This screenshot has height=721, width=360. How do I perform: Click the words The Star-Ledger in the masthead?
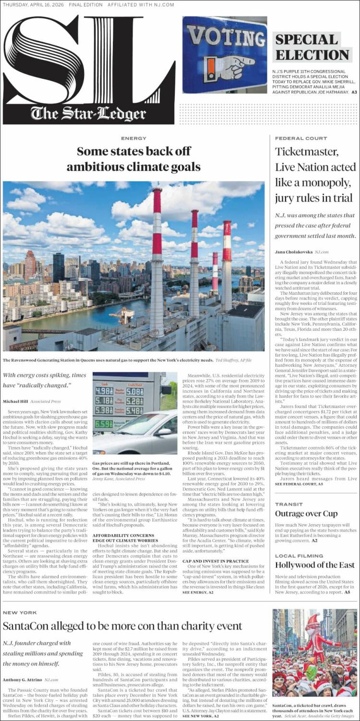[88, 114]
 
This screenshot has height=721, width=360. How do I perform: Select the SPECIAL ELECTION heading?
[312, 47]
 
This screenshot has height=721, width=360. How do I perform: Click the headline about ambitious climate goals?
[133, 159]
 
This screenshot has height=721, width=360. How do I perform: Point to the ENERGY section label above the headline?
[133, 138]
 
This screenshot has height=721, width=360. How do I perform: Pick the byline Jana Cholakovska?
[293, 252]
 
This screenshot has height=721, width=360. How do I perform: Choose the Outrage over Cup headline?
[306, 514]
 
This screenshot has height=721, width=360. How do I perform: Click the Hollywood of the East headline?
[315, 565]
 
